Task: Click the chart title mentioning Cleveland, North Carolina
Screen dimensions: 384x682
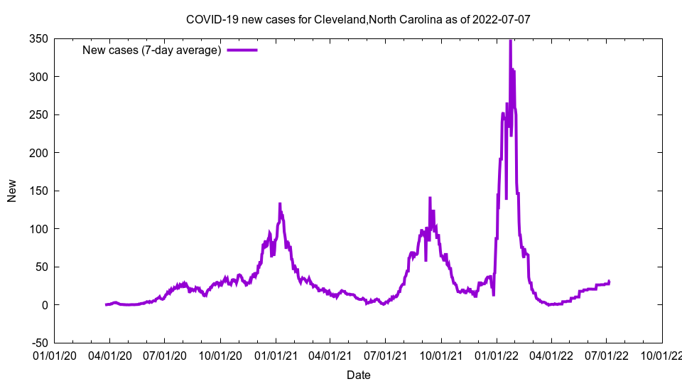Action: coord(357,19)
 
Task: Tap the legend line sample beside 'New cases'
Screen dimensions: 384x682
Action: coord(242,50)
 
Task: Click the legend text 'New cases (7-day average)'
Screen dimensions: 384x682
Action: coord(152,50)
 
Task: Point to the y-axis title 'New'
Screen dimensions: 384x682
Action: coord(12,191)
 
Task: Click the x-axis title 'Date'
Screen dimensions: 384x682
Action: coord(358,374)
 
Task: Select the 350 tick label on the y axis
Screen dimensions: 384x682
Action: coord(38,39)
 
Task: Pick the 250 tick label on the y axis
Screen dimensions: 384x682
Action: coord(38,115)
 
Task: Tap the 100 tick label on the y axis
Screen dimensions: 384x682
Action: coord(38,229)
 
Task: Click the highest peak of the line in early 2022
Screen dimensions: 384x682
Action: coord(510,41)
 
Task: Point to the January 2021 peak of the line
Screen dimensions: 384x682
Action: coord(280,204)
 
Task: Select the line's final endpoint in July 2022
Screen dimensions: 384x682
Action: coord(609,282)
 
